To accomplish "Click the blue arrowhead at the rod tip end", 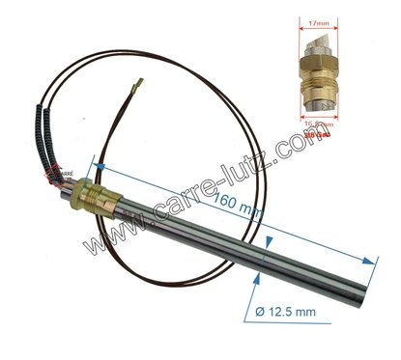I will (x=371, y=258).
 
